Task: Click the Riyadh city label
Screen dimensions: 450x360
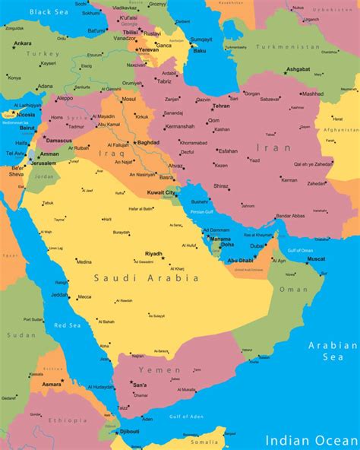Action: (153, 254)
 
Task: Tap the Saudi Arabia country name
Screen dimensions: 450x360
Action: (147, 278)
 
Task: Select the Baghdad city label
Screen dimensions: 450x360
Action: (148, 142)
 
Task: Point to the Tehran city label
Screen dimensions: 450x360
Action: (221, 106)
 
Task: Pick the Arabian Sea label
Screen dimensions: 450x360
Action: (332, 350)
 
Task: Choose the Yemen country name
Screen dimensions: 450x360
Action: (159, 369)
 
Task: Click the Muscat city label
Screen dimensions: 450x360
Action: (315, 259)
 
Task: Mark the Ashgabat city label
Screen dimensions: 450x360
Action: (297, 69)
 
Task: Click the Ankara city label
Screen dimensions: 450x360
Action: (23, 43)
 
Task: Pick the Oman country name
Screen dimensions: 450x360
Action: (294, 289)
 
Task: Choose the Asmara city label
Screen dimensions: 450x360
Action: (52, 385)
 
